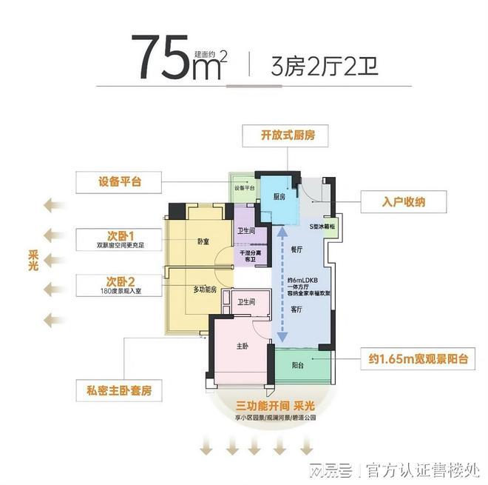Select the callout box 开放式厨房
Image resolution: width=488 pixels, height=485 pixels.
coord(285,136)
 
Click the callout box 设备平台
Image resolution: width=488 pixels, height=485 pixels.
coord(119,181)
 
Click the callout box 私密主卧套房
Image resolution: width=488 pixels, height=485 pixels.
coord(119,389)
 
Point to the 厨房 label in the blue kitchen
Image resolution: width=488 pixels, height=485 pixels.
coord(279,197)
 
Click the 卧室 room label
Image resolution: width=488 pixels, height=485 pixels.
coord(203,241)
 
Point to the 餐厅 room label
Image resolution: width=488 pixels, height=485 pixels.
coord(297,250)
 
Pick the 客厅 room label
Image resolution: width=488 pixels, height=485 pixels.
coord(297,309)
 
